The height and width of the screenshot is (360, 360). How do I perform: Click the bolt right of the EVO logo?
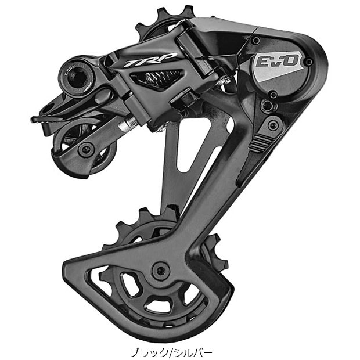308,62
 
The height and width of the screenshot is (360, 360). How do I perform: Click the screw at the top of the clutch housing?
255,41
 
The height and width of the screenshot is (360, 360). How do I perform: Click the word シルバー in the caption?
195,351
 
